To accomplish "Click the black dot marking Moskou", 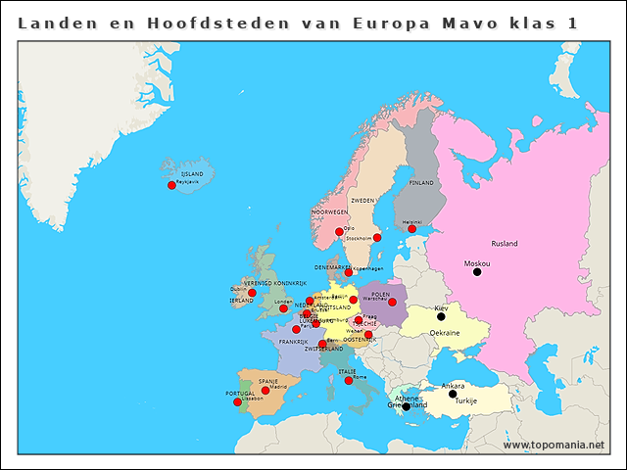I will click(477, 272).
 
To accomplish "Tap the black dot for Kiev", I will click(441, 316).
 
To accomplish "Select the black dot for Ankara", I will click(453, 394).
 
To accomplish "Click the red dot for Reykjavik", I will click(171, 185).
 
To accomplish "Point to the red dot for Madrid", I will click(265, 390).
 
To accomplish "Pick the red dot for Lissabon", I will click(237, 401).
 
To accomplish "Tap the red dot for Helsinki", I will click(411, 229).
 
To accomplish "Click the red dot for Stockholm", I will click(377, 237).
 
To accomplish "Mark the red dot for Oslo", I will click(339, 232).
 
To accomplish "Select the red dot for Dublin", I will click(252, 293).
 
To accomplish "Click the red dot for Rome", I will click(349, 380).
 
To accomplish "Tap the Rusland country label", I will click(505, 243).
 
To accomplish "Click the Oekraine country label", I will click(445, 333).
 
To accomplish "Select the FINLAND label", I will click(421, 183).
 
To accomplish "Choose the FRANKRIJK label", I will click(293, 342).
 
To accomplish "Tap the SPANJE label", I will click(267, 381).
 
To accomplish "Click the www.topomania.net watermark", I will click(554, 446).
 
